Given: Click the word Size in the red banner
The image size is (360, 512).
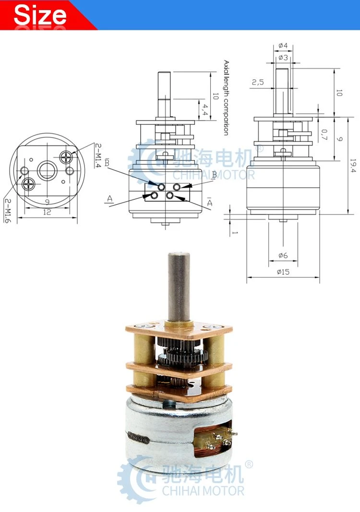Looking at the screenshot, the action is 40,15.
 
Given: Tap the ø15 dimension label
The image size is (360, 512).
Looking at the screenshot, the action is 283,272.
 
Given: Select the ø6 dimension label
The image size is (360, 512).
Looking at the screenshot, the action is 283,256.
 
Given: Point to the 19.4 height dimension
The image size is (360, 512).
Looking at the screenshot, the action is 353,166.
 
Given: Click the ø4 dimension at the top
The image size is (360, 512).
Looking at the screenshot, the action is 283,45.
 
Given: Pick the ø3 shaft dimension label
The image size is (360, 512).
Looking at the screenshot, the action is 283,58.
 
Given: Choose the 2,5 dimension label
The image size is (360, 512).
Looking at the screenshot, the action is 257,82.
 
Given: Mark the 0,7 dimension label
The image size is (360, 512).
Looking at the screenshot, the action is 324,134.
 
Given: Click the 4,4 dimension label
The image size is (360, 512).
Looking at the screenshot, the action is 204,110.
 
